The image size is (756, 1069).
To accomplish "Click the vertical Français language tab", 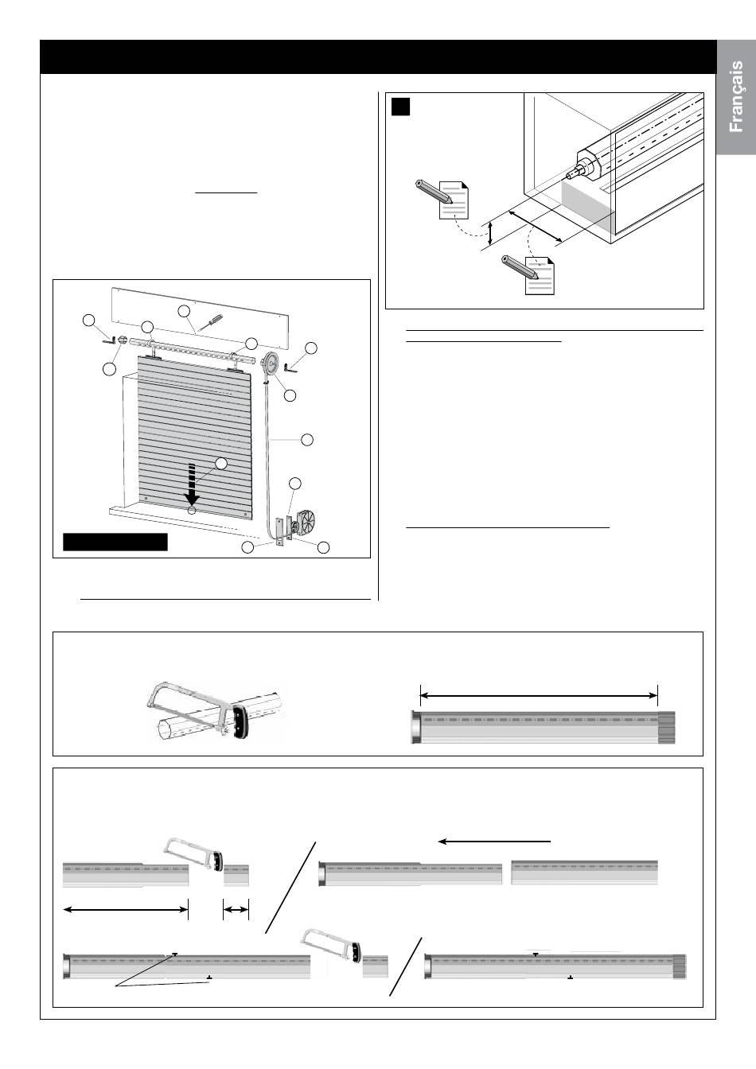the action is point(736,97).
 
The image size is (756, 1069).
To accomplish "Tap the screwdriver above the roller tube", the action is point(210,322).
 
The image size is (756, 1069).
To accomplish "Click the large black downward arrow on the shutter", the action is point(192,484).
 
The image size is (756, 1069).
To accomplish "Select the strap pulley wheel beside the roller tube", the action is point(271,364).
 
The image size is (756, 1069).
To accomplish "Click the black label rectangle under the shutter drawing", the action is point(115,542).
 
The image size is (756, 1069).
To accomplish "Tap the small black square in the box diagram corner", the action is point(400,107).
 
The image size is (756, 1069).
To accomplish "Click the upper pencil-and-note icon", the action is point(442,199).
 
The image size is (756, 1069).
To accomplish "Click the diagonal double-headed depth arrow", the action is point(535,225).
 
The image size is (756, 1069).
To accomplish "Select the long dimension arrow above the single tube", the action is point(539,696).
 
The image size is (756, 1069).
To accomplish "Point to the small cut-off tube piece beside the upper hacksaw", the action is point(236,876).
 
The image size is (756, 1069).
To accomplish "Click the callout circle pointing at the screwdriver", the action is point(184,311).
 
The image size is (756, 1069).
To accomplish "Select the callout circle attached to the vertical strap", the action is point(307,440).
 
